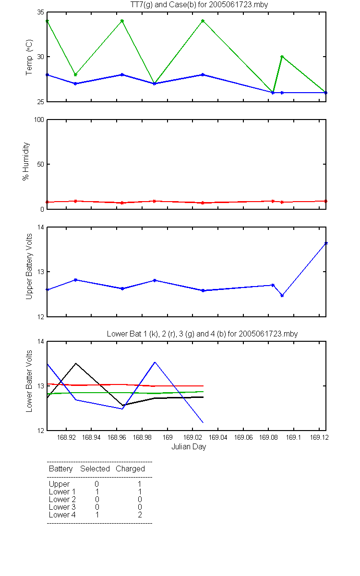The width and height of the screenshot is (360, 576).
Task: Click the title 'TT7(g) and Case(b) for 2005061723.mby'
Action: tap(199, 5)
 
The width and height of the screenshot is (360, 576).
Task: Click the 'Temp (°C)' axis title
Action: tap(29, 57)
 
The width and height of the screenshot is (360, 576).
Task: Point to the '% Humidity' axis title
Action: tap(26, 161)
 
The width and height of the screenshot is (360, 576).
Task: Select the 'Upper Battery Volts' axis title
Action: tap(29, 266)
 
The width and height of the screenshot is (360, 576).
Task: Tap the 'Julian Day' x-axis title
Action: tap(189, 447)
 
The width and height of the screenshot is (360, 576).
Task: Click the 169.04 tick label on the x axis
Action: tap(218, 437)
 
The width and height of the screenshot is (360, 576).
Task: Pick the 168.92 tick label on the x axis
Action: tap(66, 437)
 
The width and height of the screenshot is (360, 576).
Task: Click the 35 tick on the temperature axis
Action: tap(41, 12)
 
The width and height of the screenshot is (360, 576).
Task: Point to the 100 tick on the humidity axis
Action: tap(39, 120)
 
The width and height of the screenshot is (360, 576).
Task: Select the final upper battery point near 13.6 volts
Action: tap(326, 243)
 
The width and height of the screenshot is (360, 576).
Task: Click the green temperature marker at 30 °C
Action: tap(282, 57)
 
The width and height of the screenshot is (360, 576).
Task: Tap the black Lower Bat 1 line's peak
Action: tap(76, 363)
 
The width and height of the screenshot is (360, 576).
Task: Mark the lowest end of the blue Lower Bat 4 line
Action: tap(203, 422)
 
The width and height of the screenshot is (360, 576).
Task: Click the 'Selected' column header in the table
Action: tap(95, 469)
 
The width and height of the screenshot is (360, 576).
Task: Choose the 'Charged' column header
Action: tap(131, 469)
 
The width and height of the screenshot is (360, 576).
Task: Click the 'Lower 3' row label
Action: tap(62, 507)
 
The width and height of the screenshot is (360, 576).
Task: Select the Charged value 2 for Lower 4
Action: tap(140, 515)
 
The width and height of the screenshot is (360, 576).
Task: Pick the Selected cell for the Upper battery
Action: tap(96, 484)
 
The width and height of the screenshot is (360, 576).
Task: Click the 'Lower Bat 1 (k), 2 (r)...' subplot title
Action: tap(203, 334)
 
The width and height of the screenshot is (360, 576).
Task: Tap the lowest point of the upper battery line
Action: tap(282, 296)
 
